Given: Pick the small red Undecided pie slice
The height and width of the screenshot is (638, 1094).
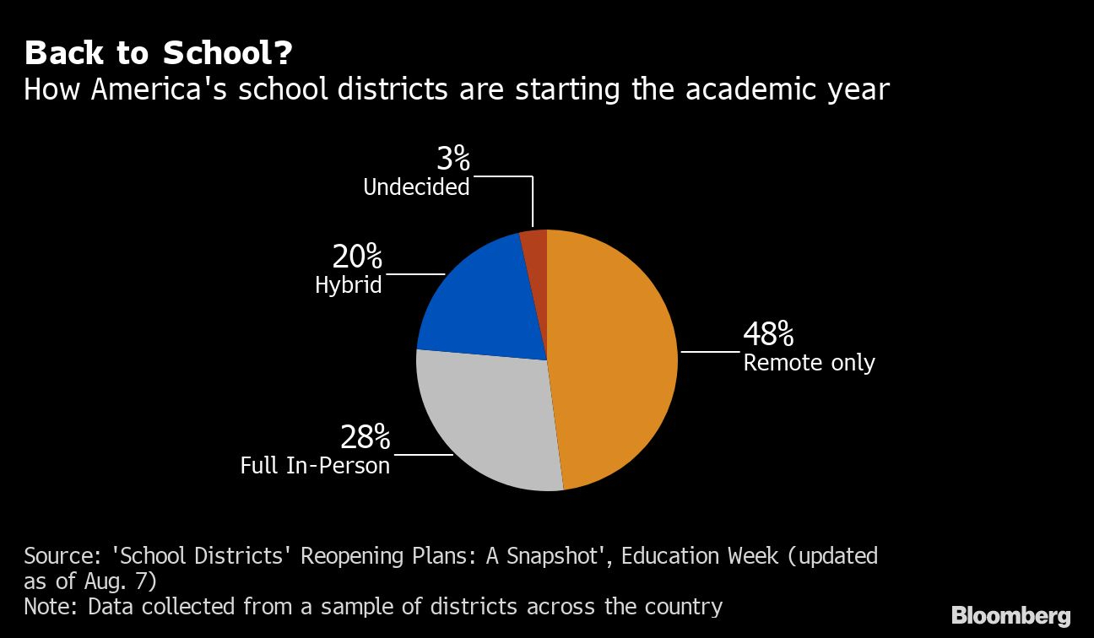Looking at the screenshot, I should [x=534, y=242].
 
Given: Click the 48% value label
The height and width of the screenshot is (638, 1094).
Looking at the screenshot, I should [x=768, y=335].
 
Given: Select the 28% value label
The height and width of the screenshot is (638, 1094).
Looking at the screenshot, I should [x=365, y=437].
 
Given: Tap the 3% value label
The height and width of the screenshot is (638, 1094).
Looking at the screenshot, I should [x=452, y=158].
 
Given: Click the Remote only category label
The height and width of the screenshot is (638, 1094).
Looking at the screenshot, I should [x=809, y=363].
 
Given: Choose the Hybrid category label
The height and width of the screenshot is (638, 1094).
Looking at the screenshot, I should [x=348, y=285].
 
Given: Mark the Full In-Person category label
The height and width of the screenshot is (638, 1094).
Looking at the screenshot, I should [x=315, y=465].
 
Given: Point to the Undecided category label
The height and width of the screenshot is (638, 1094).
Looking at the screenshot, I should [x=416, y=187].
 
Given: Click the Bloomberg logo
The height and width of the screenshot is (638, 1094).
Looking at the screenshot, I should [x=1010, y=615].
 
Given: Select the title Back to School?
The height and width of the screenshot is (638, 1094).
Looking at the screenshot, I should [x=159, y=53].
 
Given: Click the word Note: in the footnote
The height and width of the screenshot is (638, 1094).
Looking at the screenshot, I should [x=51, y=607].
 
